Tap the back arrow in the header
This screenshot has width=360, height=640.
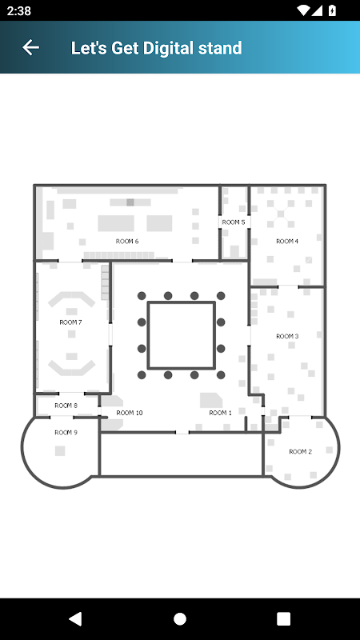tap(30, 48)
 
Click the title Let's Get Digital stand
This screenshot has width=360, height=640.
tap(156, 48)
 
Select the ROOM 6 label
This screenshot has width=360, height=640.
tap(127, 242)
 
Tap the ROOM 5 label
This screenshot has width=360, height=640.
tap(234, 222)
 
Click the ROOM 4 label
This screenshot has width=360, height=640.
tap(287, 242)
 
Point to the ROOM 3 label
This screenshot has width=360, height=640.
tap(287, 336)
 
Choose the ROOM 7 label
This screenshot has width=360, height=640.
tap(71, 322)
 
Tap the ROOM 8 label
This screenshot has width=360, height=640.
tap(66, 406)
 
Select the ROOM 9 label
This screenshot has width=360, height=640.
tap(66, 433)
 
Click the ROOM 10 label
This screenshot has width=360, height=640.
tap(130, 413)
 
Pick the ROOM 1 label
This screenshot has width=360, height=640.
tap(221, 413)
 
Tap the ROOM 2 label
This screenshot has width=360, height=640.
tap(301, 451)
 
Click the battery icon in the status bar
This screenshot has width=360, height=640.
tap(332, 10)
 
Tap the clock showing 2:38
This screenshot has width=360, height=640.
tap(18, 10)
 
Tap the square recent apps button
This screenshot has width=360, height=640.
tap(283, 618)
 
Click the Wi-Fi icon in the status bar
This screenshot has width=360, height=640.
tap(304, 10)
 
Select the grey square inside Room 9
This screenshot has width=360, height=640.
tap(60, 450)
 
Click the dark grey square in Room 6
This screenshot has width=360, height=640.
tap(130, 202)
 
